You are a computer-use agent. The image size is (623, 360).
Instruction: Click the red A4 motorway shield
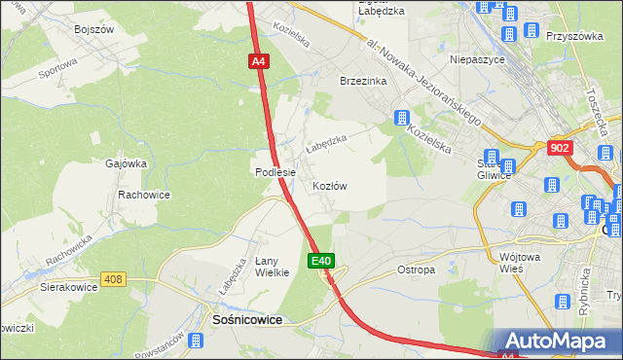[258, 61]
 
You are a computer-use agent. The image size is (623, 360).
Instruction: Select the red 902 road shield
[559, 147]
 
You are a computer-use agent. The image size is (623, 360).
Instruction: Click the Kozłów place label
[330, 185]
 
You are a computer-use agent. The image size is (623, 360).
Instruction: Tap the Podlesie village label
[275, 172]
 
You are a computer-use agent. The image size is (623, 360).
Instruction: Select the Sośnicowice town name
[247, 319]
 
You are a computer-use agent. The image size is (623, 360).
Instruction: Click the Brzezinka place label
[363, 82]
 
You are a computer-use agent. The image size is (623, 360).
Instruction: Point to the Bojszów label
[94, 29]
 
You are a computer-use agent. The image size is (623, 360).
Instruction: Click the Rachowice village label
[144, 195]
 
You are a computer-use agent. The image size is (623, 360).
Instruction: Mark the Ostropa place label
[417, 270]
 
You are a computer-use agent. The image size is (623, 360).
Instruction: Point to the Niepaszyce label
[476, 58]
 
